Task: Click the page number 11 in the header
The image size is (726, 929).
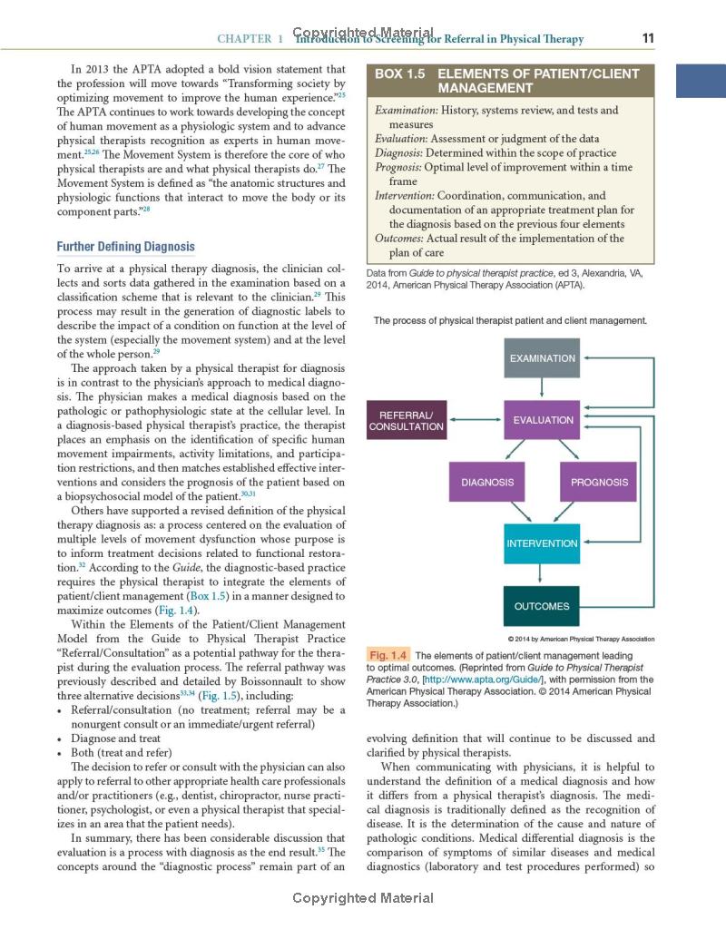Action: coord(647,38)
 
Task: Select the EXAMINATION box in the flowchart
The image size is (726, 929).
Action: coord(542,358)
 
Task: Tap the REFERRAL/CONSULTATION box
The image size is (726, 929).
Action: coord(406,420)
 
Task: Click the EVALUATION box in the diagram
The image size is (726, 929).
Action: coord(542,420)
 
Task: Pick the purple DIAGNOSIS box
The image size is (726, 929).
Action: coord(487,482)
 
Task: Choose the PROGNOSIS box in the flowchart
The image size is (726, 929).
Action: coord(598,482)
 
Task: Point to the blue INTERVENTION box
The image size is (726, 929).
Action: coord(542,543)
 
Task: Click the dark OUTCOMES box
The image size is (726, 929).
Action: coord(542,606)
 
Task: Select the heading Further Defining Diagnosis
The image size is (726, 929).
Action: coord(125,247)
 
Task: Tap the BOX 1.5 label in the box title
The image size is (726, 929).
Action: coord(400,73)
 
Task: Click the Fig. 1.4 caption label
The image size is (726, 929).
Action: coord(388,655)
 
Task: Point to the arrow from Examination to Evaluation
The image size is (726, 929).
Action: coord(542,389)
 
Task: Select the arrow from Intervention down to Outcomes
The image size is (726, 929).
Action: coord(542,575)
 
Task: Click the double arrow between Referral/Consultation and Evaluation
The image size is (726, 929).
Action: coord(475,420)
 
